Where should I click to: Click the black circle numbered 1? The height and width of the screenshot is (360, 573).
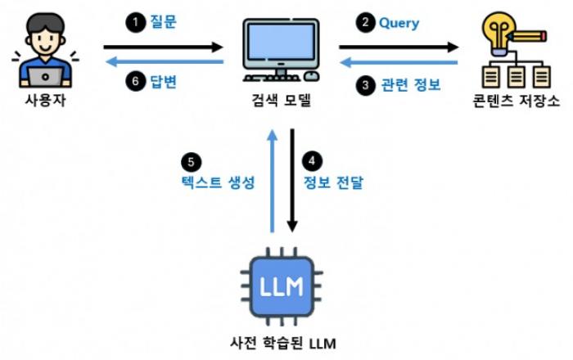point(136,22)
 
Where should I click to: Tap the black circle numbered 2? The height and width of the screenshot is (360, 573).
point(365,22)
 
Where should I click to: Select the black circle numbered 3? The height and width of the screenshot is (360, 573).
point(365,85)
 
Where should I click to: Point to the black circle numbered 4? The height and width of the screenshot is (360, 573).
point(312,161)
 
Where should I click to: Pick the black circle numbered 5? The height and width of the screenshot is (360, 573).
point(191,162)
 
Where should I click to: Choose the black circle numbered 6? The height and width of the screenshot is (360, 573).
point(136,81)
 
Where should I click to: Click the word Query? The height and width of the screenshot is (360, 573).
point(399,24)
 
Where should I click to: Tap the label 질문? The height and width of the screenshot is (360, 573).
point(164,21)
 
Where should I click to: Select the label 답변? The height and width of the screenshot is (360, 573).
point(164,81)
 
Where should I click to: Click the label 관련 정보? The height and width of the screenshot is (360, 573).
point(411,85)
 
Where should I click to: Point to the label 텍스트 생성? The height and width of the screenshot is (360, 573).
point(218,182)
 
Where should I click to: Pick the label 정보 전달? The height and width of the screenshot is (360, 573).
point(333,182)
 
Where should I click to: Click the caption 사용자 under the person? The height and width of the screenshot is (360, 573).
point(45,100)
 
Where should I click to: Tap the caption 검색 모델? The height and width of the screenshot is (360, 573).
point(281,100)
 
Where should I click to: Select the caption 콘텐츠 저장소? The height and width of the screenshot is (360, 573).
point(516,101)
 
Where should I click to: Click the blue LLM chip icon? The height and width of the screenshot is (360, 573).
point(282,286)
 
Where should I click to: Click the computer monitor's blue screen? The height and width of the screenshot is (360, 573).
point(281,41)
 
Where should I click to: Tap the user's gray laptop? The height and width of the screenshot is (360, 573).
point(45,77)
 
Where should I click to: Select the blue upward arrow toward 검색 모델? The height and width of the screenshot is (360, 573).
point(272,181)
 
